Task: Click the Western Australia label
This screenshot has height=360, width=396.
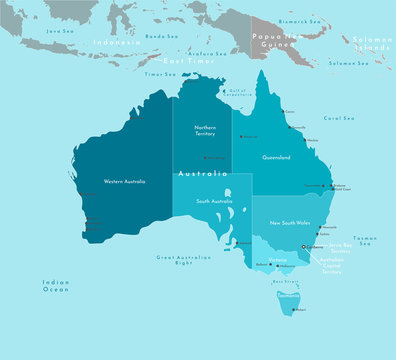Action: point(125,181)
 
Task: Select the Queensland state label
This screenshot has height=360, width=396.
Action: point(276,158)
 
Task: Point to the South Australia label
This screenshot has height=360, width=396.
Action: point(214,202)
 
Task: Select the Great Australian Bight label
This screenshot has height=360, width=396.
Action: point(180,260)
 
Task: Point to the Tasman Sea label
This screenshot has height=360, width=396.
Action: point(365,240)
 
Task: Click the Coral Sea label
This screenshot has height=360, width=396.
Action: point(340,118)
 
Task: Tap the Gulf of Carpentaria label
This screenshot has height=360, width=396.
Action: point(237,91)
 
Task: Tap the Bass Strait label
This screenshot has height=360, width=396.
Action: point(286,282)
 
